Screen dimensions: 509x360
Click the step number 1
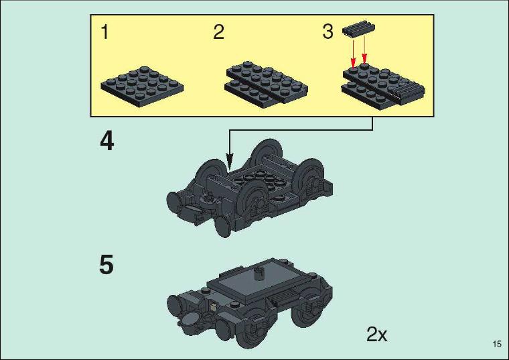[x=104, y=32]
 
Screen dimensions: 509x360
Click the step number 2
[x=218, y=32]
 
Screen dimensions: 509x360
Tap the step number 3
[x=328, y=32]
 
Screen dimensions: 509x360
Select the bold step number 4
[x=106, y=141]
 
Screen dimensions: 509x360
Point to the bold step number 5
[x=106, y=265]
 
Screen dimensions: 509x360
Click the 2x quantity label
[x=377, y=334]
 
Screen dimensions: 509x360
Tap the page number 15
[x=497, y=344]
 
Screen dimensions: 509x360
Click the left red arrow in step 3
[x=353, y=52]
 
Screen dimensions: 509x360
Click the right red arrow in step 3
[x=364, y=50]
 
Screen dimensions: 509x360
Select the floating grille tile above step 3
[x=358, y=29]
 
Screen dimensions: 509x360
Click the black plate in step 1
[x=142, y=86]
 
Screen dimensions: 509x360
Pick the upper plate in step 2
[x=267, y=80]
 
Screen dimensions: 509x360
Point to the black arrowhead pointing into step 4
[x=230, y=161]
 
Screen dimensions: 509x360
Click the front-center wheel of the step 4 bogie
[x=253, y=198]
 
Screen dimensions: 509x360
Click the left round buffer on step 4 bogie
[x=174, y=201]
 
